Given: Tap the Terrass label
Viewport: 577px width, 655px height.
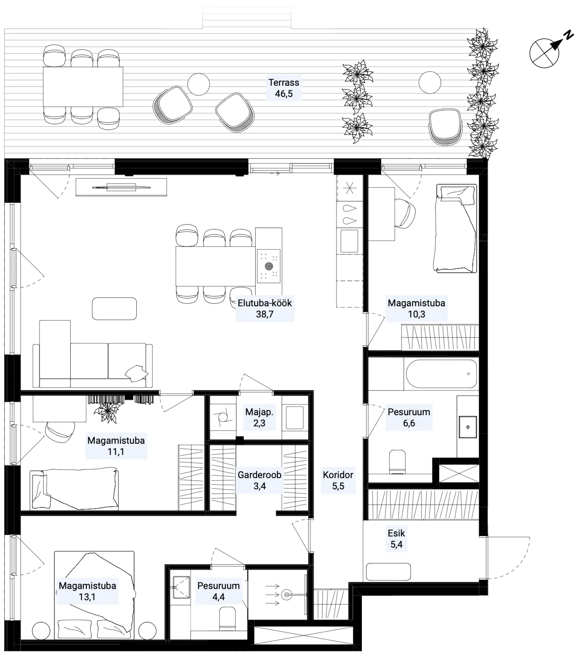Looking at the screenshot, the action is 284,83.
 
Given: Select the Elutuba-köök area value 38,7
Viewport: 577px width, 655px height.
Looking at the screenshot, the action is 265,314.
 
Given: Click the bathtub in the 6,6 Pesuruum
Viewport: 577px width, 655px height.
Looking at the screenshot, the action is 441,374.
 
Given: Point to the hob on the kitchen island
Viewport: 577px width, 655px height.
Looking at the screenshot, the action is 269,266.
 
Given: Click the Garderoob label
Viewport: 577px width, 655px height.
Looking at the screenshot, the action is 259,475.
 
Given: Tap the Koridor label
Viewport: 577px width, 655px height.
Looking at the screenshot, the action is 338,475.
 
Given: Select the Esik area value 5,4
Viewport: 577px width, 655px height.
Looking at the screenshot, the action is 396,544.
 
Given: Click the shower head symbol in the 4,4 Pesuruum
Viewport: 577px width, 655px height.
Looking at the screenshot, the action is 287,594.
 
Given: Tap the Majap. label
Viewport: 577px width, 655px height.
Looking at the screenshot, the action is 259,412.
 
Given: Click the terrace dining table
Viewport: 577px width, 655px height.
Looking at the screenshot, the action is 83,87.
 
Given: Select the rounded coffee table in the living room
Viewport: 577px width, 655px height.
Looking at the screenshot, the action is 114,309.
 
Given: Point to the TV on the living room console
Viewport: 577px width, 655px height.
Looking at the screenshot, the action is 121,187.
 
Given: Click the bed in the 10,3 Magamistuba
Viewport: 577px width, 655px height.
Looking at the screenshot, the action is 455,228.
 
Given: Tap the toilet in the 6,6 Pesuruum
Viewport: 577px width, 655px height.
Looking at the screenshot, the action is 397,462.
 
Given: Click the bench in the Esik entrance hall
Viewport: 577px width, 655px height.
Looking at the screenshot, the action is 388,571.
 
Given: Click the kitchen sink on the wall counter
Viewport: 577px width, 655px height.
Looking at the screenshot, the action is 349,241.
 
